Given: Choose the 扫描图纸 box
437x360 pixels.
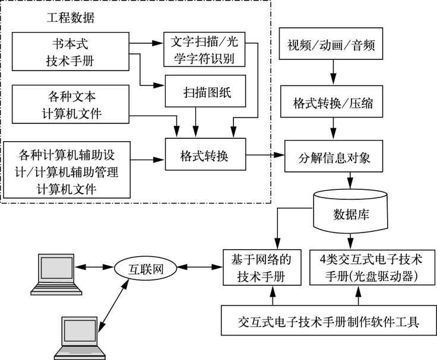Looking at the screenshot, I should (x=204, y=93).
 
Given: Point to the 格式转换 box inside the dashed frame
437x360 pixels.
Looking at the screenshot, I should (x=204, y=156).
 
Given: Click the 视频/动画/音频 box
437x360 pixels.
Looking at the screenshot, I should (x=331, y=45).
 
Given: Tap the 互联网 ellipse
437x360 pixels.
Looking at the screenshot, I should (x=145, y=269).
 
